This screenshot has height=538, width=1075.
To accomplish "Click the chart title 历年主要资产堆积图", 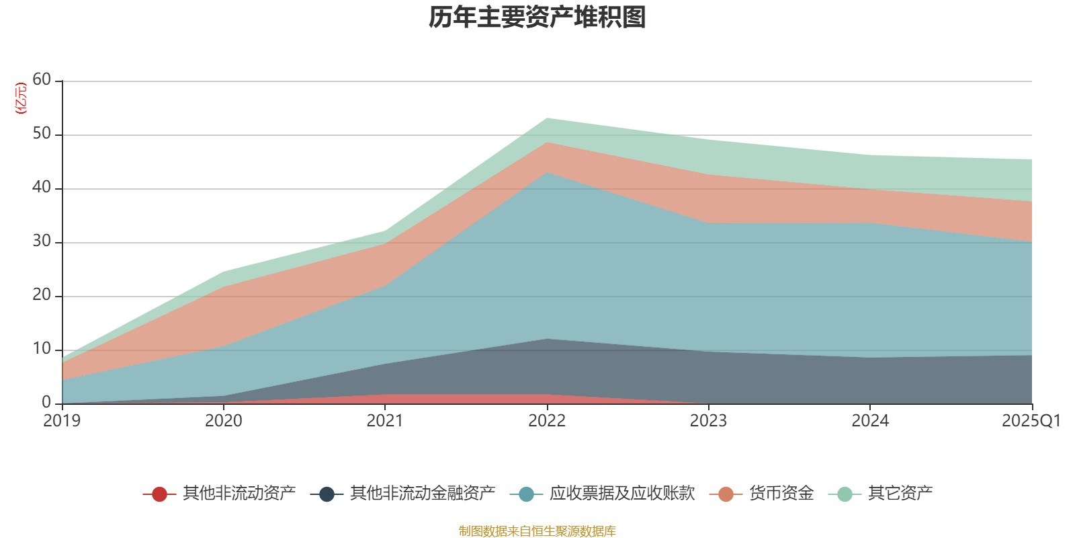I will coord(537,18).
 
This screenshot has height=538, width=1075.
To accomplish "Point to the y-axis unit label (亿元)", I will coord(21,98).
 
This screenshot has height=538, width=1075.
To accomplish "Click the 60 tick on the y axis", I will coord(42,80).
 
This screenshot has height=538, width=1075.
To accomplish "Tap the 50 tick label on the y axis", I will coord(42,134).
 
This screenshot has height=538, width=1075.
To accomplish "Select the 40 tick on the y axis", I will coord(42,188).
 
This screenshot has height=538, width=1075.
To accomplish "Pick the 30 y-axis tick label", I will coord(42,241).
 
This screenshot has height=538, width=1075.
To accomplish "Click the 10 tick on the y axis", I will coord(42,349).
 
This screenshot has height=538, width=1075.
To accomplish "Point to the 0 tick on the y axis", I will coord(46,403).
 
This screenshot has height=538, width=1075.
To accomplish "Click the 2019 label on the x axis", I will coord(62,421).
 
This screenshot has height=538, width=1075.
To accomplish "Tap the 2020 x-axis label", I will coord(224,421).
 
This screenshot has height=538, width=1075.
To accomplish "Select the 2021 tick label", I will coord(385,421).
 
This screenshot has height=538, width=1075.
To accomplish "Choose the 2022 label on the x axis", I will coord(547,421).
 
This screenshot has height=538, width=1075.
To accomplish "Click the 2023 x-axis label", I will coord(709,421).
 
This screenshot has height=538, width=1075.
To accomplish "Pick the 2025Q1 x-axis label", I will coord(1031,421).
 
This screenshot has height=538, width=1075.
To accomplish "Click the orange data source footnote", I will coord(537,531).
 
